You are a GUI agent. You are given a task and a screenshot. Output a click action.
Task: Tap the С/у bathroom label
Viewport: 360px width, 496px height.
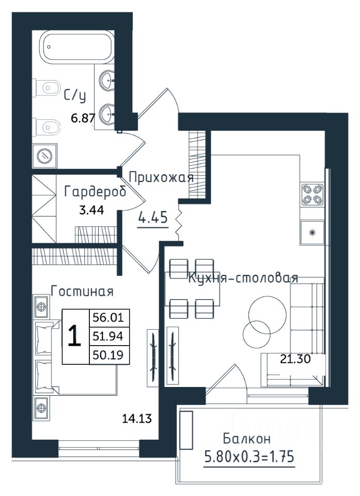tap(75, 96)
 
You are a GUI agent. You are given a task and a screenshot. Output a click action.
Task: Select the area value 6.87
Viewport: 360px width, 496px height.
tap(83, 118)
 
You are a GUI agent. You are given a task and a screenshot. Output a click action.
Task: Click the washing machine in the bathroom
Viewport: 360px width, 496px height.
tap(44, 156)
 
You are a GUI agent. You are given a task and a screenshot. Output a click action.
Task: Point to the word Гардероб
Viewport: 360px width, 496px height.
tap(95, 192)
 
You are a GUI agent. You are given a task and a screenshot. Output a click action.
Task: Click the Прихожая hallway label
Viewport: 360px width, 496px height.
tap(161, 177)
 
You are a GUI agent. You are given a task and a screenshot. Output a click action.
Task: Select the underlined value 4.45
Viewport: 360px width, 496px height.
tap(153, 218)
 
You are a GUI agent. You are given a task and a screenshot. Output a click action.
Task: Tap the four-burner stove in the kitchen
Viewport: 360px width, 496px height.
tap(312, 195)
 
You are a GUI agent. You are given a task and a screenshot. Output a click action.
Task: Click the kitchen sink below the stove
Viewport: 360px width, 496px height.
tap(312, 233)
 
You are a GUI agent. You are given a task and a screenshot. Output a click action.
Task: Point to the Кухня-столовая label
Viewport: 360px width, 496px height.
tap(243, 278)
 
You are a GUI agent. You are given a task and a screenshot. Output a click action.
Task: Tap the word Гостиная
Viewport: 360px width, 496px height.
tap(82, 291)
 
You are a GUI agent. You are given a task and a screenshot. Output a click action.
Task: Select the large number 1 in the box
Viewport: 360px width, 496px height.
tap(75, 336)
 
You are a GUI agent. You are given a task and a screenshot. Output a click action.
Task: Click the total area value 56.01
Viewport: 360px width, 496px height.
tap(107, 317)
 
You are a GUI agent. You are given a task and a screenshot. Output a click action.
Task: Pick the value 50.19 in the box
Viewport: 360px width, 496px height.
tap(107, 355)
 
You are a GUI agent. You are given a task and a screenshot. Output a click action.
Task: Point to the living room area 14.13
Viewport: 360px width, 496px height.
tap(137, 419)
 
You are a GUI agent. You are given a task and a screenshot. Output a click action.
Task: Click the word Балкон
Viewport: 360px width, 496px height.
tap(247, 439)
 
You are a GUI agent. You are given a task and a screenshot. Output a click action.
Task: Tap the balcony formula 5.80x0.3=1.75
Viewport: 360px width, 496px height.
tap(249, 457)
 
